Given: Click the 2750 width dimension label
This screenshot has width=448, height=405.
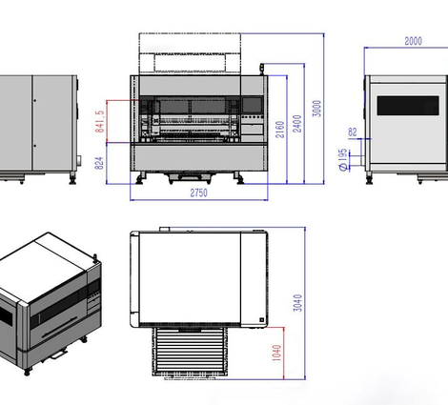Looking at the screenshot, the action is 198,192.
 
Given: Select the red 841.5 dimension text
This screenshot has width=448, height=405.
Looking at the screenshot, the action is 99,121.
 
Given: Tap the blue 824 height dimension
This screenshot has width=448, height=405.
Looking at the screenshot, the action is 99,163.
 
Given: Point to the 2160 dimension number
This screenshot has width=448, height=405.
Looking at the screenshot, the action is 279,130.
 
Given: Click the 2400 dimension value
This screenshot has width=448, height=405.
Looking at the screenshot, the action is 297,124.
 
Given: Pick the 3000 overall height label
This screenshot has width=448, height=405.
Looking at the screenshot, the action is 316,109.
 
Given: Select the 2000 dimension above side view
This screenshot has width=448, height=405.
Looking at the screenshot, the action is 413,41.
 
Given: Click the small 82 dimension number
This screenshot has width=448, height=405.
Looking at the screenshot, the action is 353,132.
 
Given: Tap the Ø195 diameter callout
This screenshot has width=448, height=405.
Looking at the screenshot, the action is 343,160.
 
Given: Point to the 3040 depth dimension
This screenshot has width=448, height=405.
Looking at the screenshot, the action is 297,303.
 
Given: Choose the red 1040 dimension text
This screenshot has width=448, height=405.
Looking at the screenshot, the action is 276,353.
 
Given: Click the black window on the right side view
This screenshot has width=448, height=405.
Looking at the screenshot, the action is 408,106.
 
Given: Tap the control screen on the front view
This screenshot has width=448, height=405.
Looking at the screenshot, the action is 253,105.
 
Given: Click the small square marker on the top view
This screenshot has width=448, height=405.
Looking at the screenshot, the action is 262,320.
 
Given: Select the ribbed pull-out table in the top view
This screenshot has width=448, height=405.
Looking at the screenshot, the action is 190,352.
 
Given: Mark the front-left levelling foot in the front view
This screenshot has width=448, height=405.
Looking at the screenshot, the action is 140,178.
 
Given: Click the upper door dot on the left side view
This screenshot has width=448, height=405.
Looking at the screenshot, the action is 34,100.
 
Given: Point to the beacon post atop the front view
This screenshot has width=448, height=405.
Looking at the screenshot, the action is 262,70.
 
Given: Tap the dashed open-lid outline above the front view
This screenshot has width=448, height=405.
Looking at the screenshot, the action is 190,53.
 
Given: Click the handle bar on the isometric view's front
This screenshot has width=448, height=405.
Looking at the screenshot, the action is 59,327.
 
